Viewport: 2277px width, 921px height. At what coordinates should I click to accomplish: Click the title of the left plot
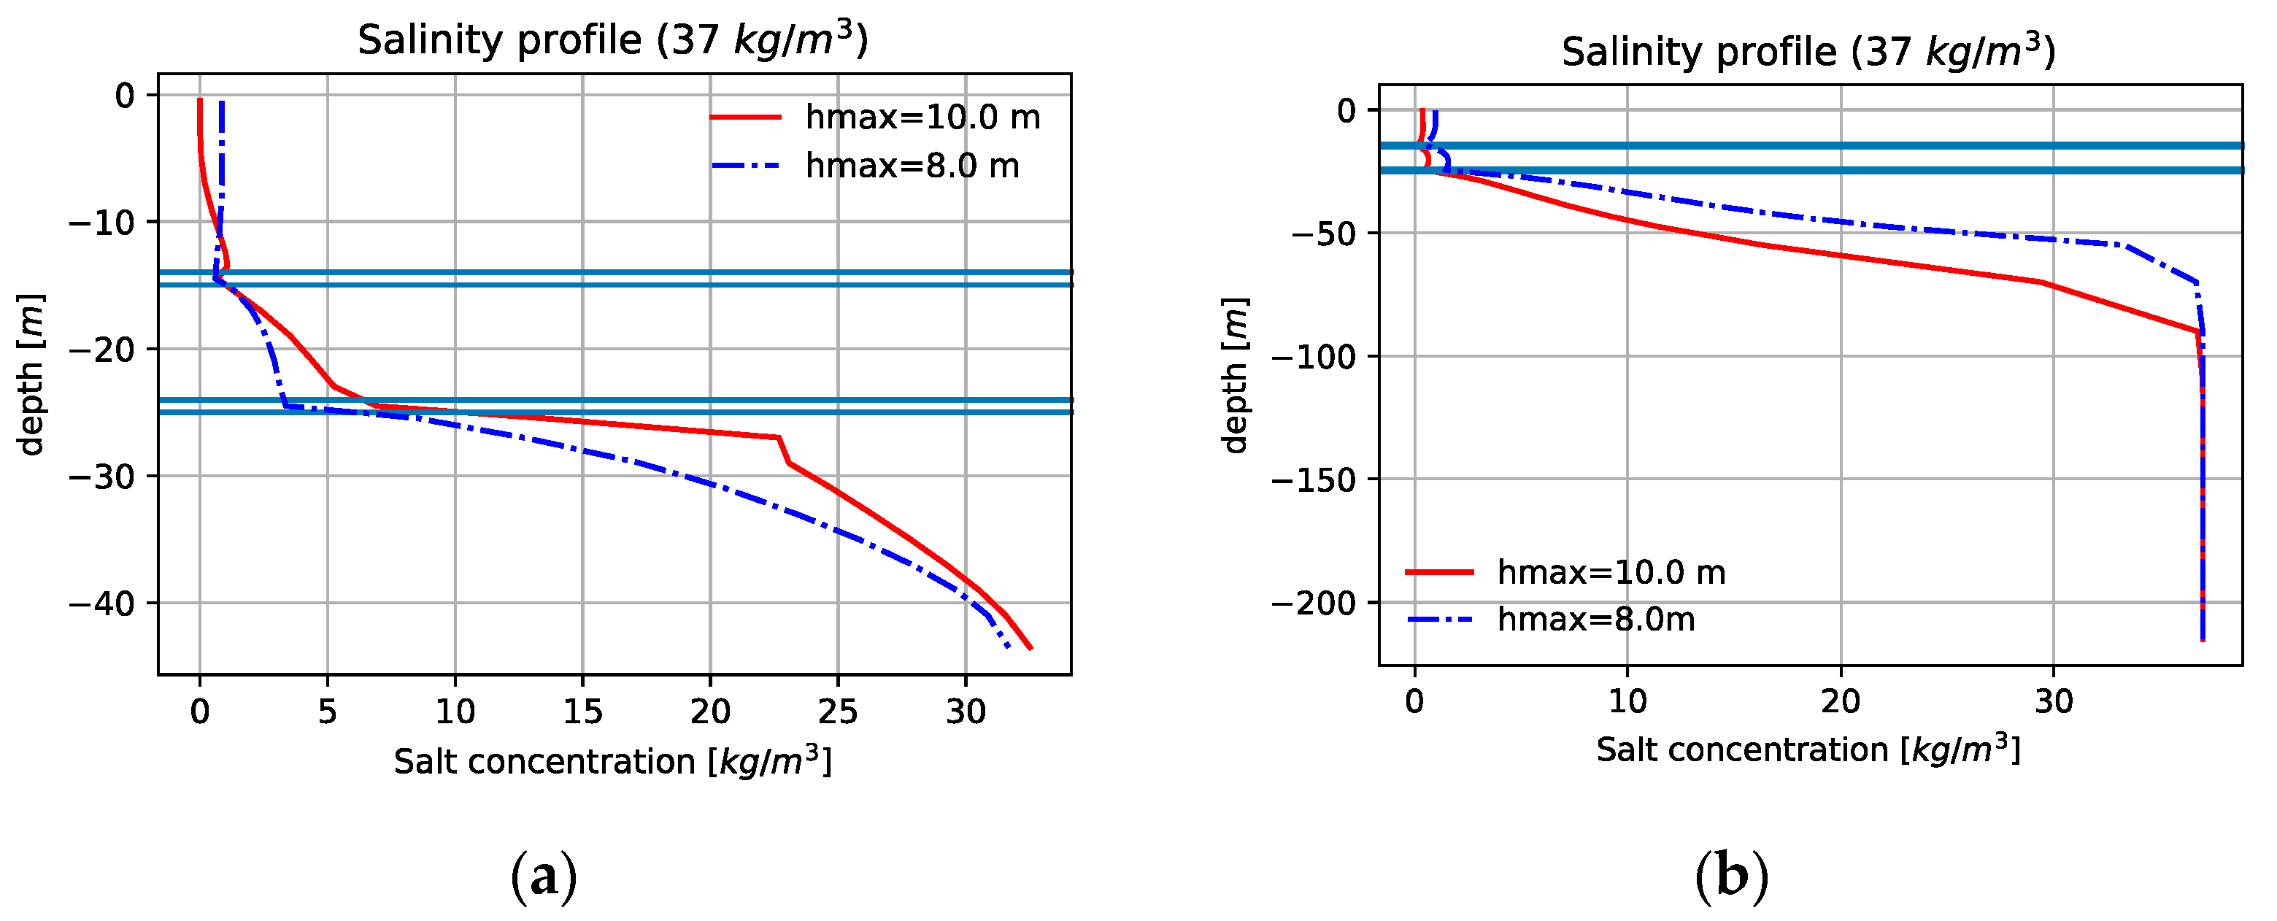(x=612, y=41)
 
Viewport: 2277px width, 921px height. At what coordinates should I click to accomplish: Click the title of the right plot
(x=1808, y=52)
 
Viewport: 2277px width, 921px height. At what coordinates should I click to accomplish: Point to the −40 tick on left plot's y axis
(x=101, y=604)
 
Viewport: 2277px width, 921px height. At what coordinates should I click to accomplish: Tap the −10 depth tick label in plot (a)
(x=101, y=223)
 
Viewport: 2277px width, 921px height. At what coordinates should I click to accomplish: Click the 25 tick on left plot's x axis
(x=837, y=712)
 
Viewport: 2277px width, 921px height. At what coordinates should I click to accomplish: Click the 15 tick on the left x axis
(x=582, y=712)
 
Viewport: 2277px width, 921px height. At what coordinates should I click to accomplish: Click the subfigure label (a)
(x=544, y=876)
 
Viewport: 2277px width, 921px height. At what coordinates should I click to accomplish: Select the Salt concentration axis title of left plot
(x=612, y=762)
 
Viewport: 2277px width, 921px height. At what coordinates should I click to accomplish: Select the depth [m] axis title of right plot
(x=1235, y=376)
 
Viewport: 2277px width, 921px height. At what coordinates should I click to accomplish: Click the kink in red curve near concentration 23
(x=779, y=439)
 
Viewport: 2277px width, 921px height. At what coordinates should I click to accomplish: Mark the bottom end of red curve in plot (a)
(x=1030, y=648)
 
